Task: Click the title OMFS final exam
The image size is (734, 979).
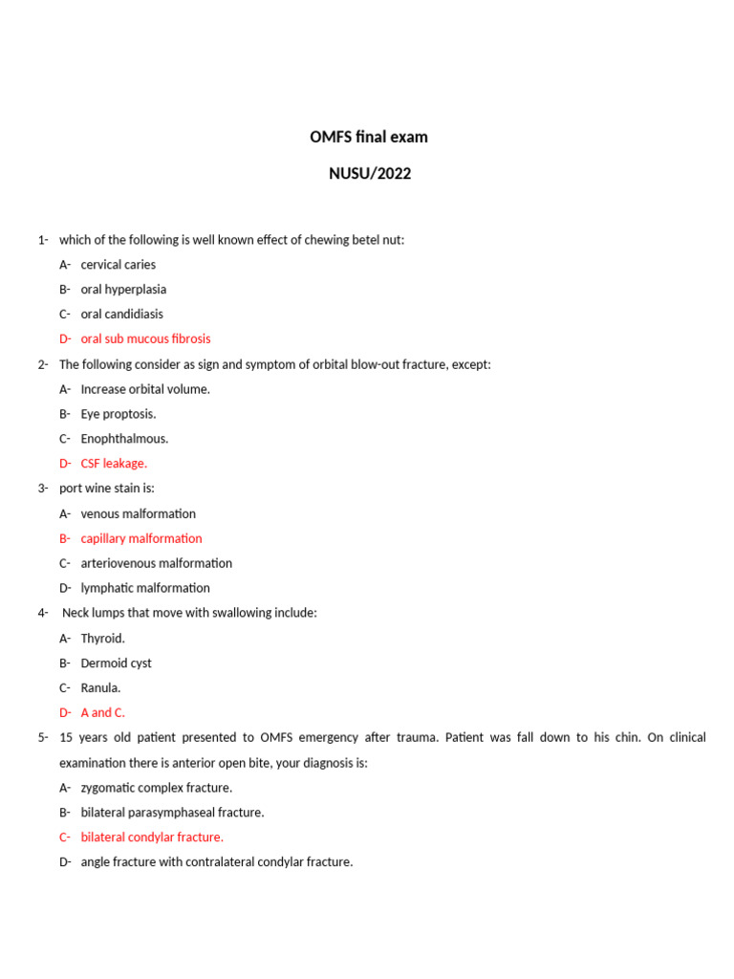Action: click(x=369, y=137)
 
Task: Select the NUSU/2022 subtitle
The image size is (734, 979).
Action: click(x=370, y=174)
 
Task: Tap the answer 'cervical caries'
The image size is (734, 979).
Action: click(x=119, y=265)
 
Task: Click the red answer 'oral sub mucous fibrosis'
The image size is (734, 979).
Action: click(x=145, y=338)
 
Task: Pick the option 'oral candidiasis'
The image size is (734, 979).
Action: click(x=122, y=314)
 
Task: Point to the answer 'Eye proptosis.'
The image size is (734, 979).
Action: click(x=119, y=414)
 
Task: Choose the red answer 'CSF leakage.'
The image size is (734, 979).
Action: click(x=114, y=464)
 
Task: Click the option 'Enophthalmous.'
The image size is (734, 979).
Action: click(x=124, y=439)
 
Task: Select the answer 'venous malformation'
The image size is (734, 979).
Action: click(x=139, y=513)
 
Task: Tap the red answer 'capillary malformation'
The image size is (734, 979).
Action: click(x=141, y=538)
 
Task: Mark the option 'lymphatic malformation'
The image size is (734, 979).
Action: click(x=145, y=588)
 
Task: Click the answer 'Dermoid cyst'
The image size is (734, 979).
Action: click(x=117, y=663)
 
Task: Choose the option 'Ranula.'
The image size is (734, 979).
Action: click(x=101, y=687)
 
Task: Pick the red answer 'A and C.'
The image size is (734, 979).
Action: click(x=103, y=712)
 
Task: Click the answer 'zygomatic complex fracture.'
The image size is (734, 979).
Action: click(x=157, y=788)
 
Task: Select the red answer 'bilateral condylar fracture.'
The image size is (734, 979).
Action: click(x=152, y=838)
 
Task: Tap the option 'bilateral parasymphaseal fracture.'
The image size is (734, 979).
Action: click(x=173, y=813)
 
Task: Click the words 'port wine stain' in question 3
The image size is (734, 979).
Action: click(x=99, y=489)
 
